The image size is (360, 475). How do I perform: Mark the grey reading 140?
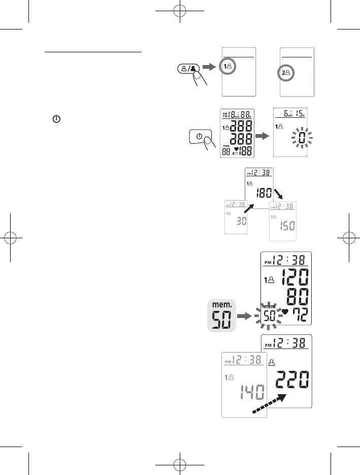253,393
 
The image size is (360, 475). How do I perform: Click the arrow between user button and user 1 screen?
209,67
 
